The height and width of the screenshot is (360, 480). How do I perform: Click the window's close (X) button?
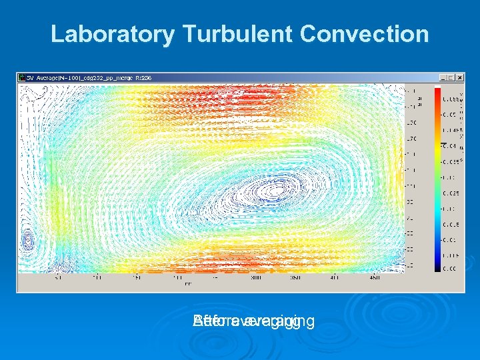pyautogui.click(x=459, y=77)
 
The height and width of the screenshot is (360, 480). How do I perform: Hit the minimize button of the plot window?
pyautogui.click(x=442, y=77)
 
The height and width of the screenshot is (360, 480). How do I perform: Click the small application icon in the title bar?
pyautogui.click(x=21, y=77)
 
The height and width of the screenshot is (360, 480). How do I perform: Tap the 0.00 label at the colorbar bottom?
pyautogui.click(x=450, y=269)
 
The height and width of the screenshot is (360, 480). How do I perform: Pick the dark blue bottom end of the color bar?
pyautogui.click(x=437, y=267)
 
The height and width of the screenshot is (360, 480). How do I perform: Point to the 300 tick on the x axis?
pyautogui.click(x=255, y=277)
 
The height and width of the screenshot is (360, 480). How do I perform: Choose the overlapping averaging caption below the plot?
pyautogui.click(x=253, y=322)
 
